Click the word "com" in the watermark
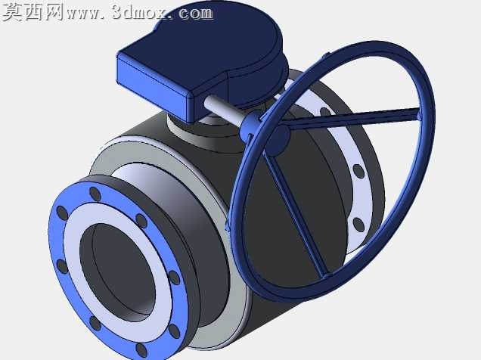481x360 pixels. pos(195,13)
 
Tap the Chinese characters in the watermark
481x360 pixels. pos(33,12)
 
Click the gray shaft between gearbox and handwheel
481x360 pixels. pos(224,111)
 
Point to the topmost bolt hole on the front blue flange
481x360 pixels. pos(95,194)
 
